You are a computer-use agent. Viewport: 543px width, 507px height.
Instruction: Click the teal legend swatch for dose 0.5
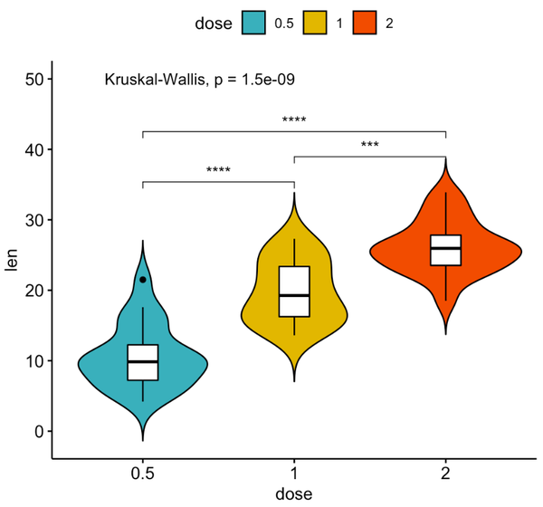pyautogui.click(x=253, y=24)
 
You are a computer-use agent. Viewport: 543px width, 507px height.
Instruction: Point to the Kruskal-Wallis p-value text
pyautogui.click(x=200, y=80)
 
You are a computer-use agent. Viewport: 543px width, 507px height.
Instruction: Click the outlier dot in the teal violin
pyautogui.click(x=143, y=281)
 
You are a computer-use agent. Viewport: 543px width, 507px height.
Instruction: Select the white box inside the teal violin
pyautogui.click(x=143, y=362)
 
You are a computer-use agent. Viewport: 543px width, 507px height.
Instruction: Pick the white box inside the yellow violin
pyautogui.click(x=294, y=291)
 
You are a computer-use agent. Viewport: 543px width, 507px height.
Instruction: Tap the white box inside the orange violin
pyautogui.click(x=445, y=250)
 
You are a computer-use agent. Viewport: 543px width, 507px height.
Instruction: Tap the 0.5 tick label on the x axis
pyautogui.click(x=143, y=474)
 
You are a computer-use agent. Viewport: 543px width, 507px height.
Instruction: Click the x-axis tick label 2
pyautogui.click(x=445, y=474)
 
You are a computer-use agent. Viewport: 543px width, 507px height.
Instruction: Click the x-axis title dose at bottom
pyautogui.click(x=294, y=494)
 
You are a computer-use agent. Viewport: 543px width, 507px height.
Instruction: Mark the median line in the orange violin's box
pyautogui.click(x=445, y=248)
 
